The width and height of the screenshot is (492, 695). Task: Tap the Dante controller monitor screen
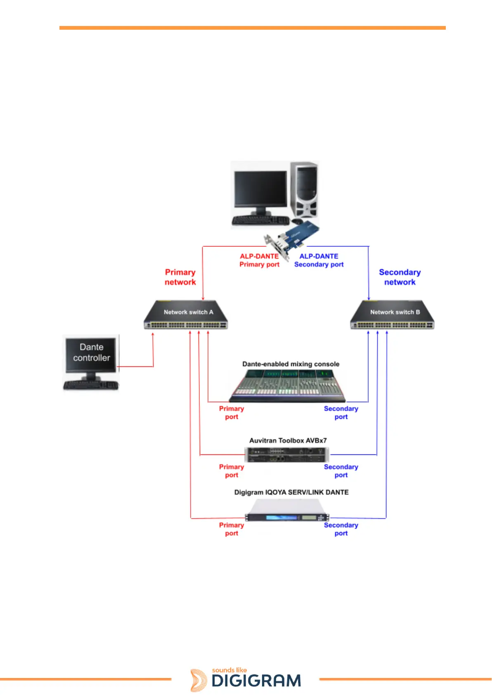point(91,353)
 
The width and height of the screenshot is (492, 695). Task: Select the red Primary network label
point(180,277)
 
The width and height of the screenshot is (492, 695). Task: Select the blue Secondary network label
point(400,277)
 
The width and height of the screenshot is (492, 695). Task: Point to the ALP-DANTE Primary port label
point(259,260)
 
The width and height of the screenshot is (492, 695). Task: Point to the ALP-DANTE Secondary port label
point(319,260)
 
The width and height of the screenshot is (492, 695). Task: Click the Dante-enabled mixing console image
point(287,386)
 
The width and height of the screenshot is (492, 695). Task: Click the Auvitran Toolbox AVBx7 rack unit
point(287,455)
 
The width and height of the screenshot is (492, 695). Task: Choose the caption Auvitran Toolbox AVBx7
point(288,441)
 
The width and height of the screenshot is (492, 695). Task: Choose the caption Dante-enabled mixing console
point(291,364)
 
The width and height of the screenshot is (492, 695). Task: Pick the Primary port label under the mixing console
point(231,413)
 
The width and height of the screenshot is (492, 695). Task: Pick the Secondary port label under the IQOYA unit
point(341,529)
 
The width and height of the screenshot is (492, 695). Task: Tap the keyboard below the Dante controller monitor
point(91,385)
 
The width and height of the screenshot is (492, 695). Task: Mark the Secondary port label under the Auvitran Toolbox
point(341,471)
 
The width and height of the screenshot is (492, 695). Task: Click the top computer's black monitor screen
point(260,189)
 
